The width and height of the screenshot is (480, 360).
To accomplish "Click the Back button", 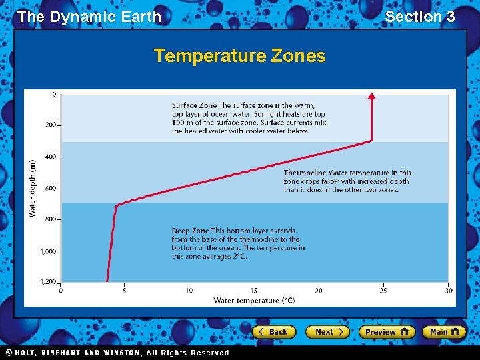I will tap(273, 332).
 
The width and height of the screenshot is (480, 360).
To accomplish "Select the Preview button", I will tap(386, 332).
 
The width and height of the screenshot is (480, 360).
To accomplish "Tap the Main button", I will tap(445, 332).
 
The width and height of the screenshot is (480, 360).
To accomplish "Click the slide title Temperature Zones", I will tap(239, 56).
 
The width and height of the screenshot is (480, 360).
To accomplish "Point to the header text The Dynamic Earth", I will tap(89, 17).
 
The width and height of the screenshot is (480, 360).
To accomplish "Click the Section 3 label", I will tap(419, 17).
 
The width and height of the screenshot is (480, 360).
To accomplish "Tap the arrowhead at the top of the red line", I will tap(371, 96).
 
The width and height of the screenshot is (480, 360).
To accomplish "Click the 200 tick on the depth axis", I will tap(51, 125).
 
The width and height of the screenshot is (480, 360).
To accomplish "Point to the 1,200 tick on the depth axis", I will tap(49, 282).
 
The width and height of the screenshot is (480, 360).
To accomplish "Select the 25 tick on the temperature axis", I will tap(383, 290).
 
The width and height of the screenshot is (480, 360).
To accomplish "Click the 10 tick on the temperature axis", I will tap(189, 290).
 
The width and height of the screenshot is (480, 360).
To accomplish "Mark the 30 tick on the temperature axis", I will tap(448, 290).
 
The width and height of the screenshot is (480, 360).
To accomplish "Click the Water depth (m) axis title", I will tap(32, 187).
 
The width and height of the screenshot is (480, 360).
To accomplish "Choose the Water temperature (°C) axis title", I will tap(254, 301).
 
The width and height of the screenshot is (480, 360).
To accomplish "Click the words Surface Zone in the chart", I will tap(194, 105).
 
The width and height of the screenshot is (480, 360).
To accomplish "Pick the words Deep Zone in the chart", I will tap(190, 231).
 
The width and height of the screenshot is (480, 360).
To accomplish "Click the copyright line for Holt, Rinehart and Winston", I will tap(117, 353).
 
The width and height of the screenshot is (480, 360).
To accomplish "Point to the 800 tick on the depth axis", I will tap(51, 219).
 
